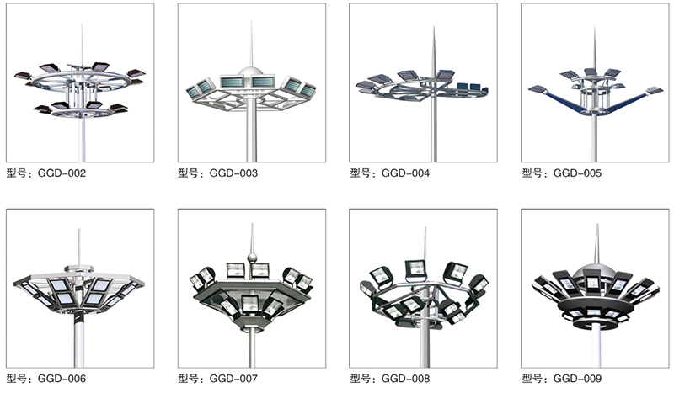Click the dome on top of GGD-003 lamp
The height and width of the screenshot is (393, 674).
(x=251, y=72)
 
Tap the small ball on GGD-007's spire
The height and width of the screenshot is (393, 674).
(x=252, y=258)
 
